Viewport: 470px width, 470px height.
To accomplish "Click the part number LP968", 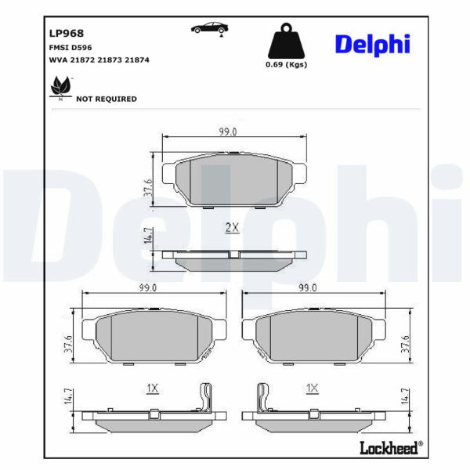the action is pyautogui.click(x=67, y=33).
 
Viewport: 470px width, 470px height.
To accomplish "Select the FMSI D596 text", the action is pyautogui.click(x=70, y=48).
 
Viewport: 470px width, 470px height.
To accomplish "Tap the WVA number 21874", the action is pyautogui.click(x=136, y=60).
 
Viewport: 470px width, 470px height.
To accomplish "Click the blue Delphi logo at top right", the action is pyautogui.click(x=373, y=45).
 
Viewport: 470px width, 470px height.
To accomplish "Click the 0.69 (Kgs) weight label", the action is pyautogui.click(x=286, y=64).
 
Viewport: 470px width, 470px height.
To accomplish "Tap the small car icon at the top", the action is pyautogui.click(x=210, y=28).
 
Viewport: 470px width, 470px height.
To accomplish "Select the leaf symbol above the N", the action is pyautogui.click(x=61, y=85).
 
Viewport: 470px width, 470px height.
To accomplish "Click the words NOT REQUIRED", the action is pyautogui.click(x=107, y=99).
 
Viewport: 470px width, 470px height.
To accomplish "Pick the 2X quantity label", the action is pyautogui.click(x=233, y=228).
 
